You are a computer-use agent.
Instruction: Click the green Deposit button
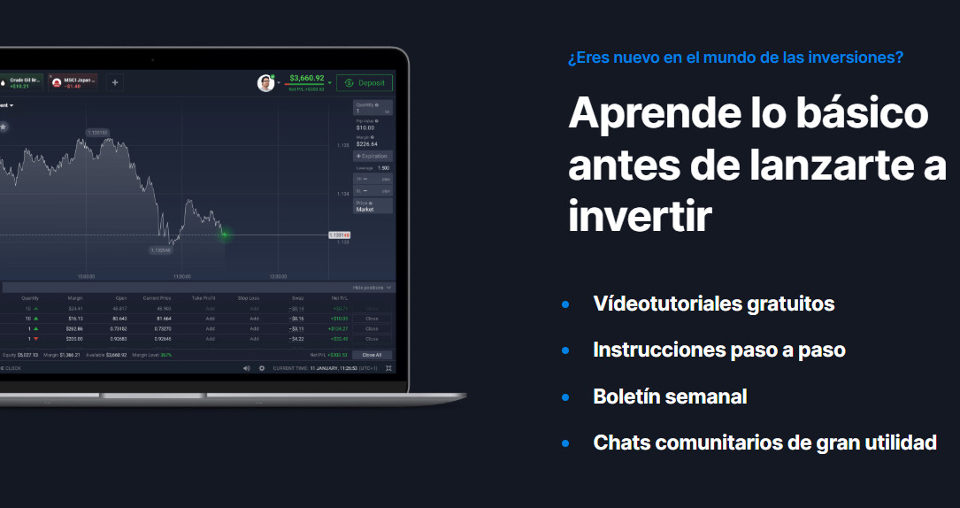click(x=364, y=82)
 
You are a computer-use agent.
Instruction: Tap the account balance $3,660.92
click(x=306, y=78)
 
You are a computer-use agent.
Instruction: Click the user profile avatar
click(x=265, y=83)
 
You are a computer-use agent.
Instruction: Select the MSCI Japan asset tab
click(x=73, y=82)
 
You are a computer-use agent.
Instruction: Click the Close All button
click(x=372, y=354)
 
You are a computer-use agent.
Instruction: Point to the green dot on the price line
click(x=224, y=235)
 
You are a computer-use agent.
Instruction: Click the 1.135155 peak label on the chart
click(x=97, y=133)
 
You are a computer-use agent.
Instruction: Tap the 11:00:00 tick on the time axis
click(x=182, y=275)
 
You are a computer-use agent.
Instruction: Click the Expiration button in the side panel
click(x=372, y=156)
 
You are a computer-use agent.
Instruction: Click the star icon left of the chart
click(x=4, y=127)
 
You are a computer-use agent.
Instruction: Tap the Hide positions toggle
click(x=372, y=288)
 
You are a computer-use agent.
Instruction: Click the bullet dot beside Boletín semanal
click(x=565, y=396)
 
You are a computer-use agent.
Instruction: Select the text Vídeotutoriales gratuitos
click(x=713, y=304)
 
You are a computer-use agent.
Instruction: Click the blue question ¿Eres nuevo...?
click(x=735, y=58)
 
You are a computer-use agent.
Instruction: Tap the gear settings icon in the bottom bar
click(x=262, y=367)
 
